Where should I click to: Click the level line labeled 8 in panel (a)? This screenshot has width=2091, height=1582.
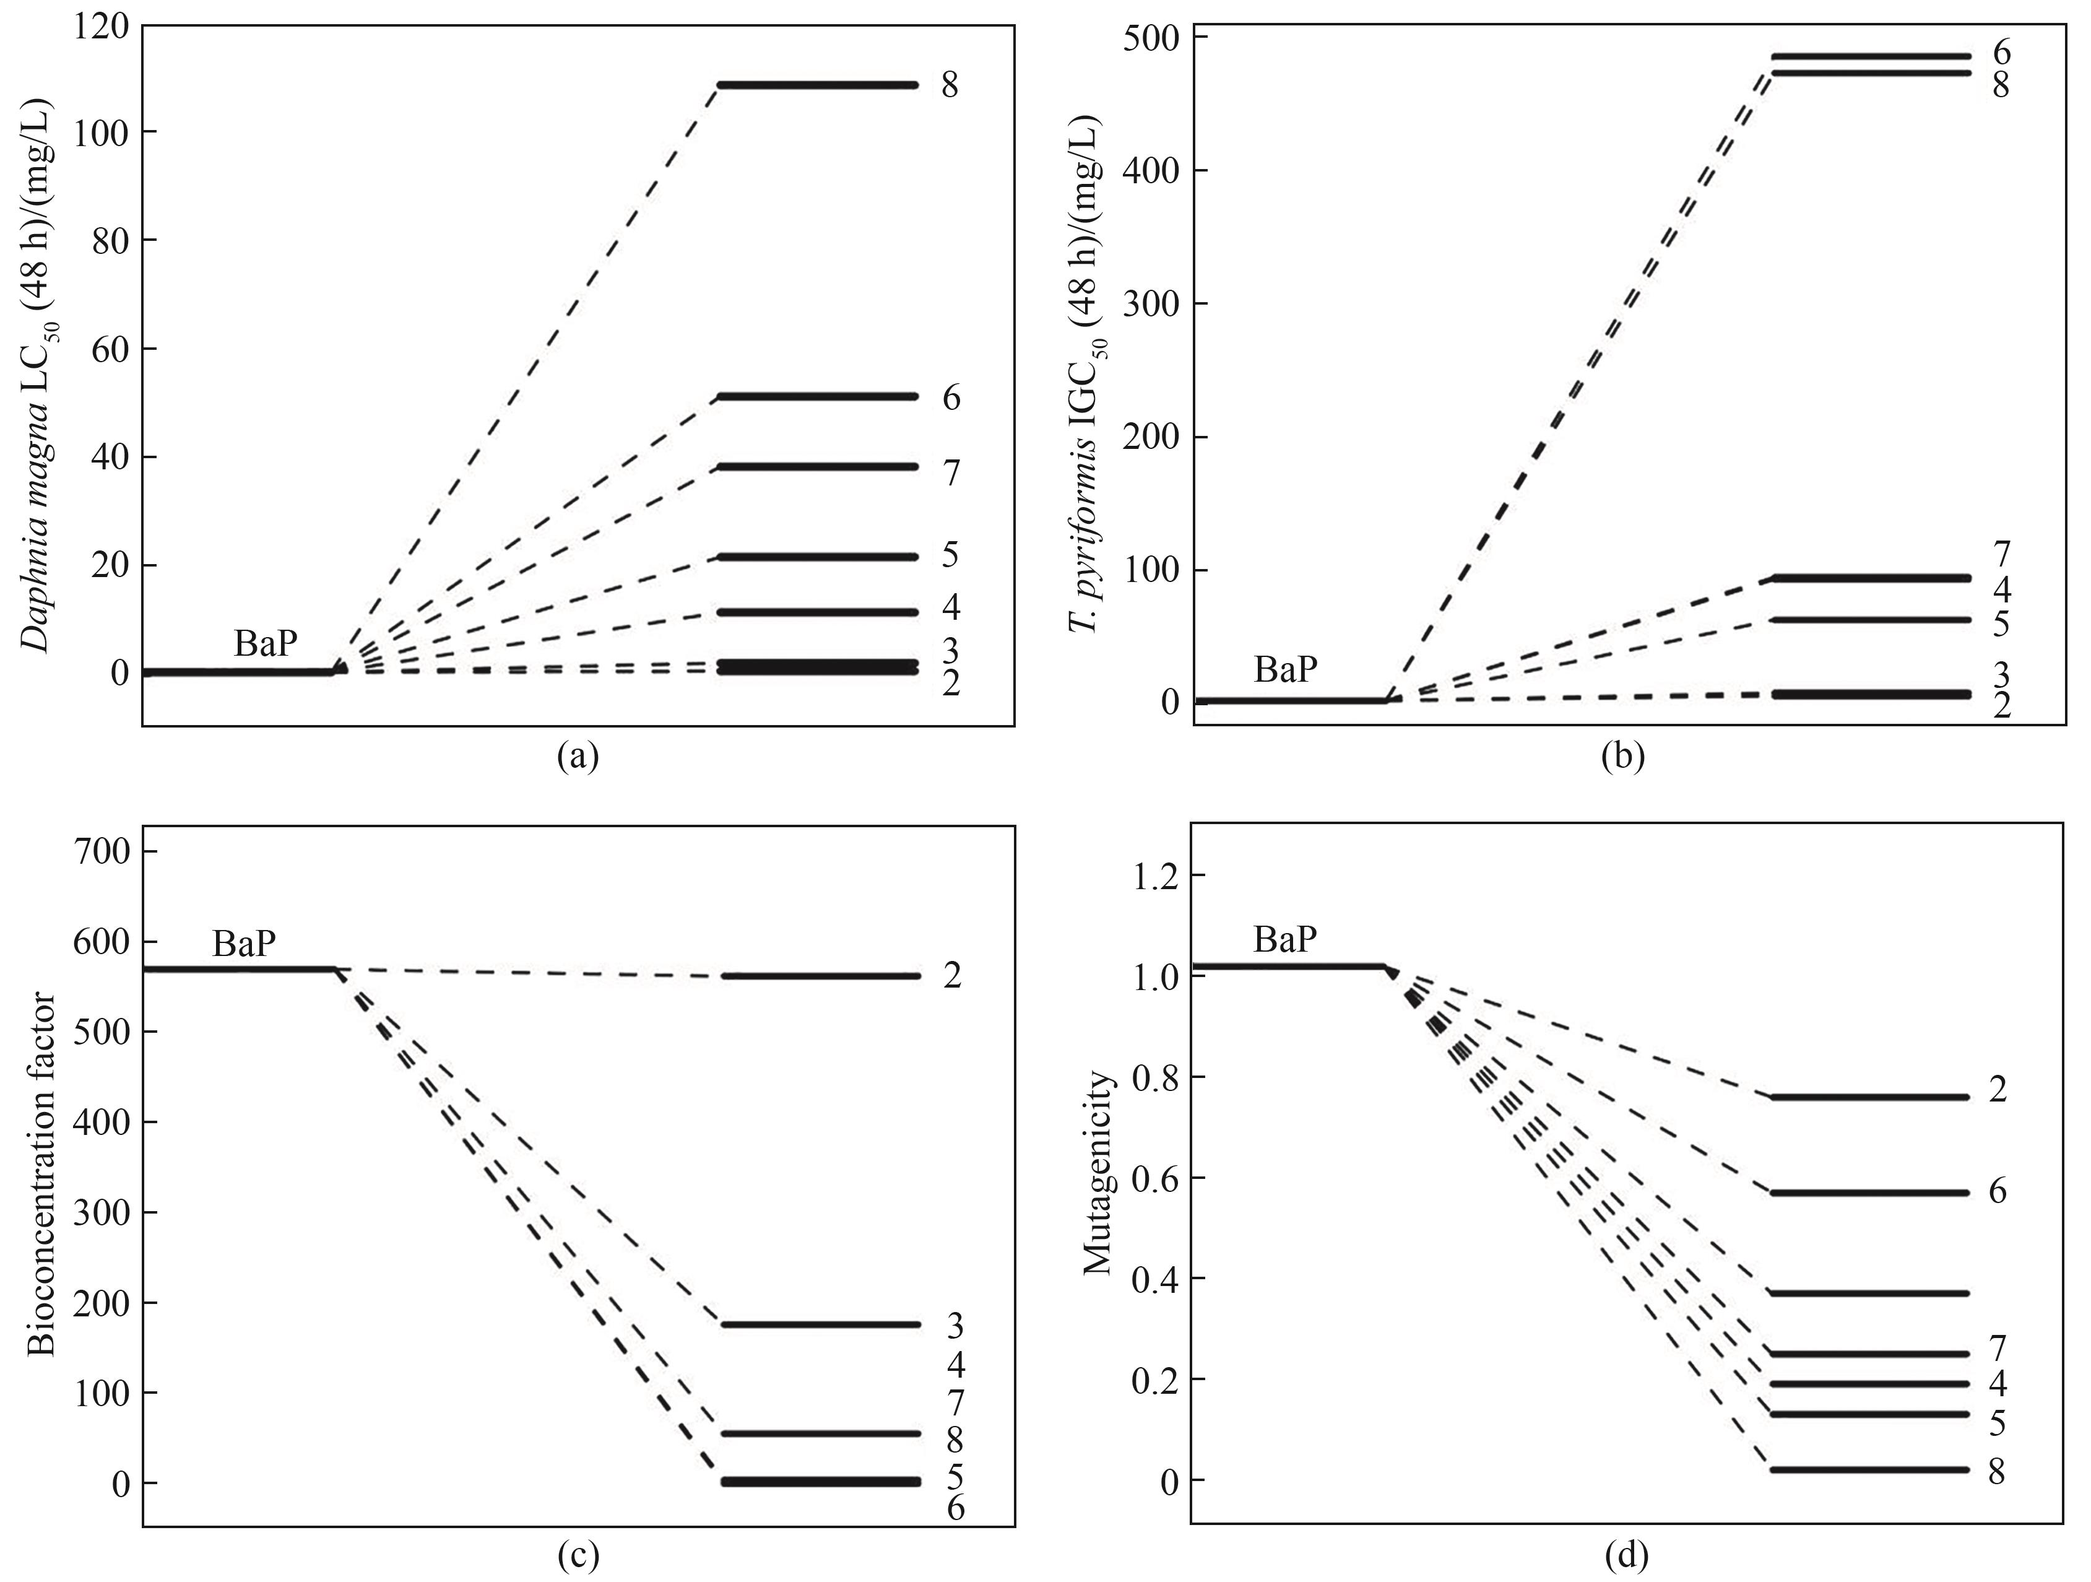tap(818, 85)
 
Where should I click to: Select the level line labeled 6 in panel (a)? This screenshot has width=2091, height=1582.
tap(818, 396)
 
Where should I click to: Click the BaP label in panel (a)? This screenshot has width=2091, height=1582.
tap(266, 644)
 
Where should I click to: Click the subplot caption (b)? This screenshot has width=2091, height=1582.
tap(1623, 757)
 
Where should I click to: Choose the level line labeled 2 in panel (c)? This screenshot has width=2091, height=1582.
tap(818, 976)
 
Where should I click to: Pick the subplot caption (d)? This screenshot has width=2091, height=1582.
tap(1623, 1555)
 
